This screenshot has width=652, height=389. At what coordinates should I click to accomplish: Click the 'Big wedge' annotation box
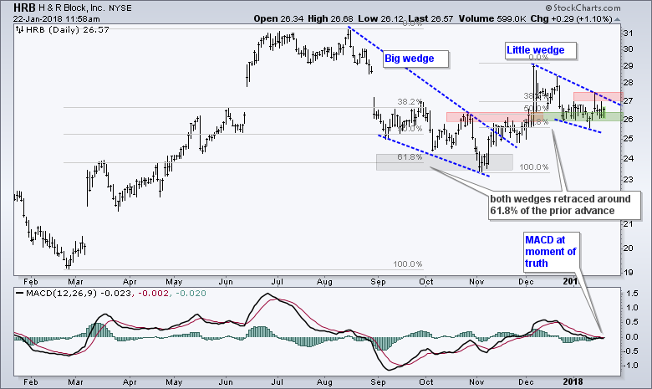coord(415,59)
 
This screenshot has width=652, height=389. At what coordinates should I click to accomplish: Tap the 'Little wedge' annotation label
coord(536,51)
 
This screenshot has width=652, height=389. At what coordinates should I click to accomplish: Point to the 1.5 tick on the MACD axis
coord(634,294)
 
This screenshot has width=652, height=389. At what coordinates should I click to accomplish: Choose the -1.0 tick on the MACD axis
coord(632,366)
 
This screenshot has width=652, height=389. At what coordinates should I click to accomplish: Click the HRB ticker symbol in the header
coord(13,8)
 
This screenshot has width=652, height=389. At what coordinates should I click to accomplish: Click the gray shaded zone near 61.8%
coord(445,161)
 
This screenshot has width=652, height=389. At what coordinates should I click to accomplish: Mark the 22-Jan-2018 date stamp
coord(27,18)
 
